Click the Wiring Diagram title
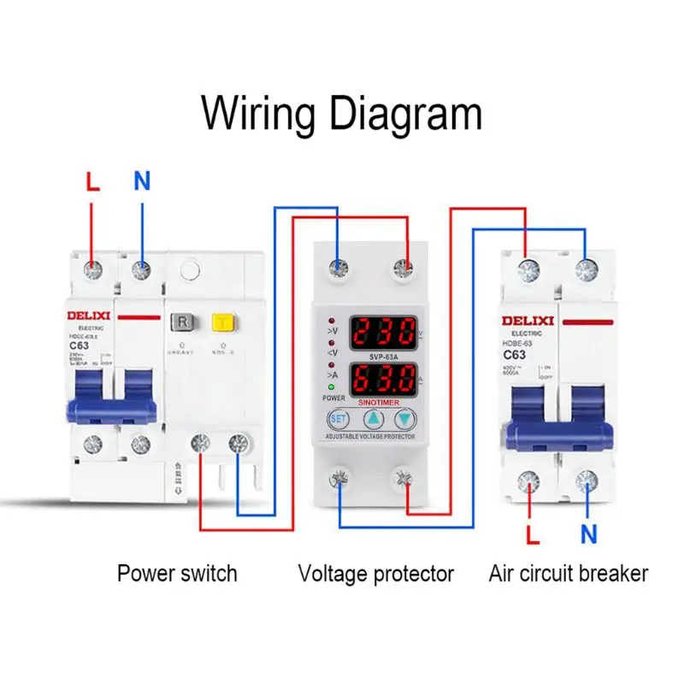point(342,113)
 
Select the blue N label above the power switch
point(142,181)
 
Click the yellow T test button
point(223,321)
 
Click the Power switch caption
point(177,573)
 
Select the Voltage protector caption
point(375,573)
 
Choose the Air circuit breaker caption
point(569,573)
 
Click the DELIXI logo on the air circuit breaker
point(528,321)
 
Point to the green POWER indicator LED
point(329,386)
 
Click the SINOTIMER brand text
point(383,398)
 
